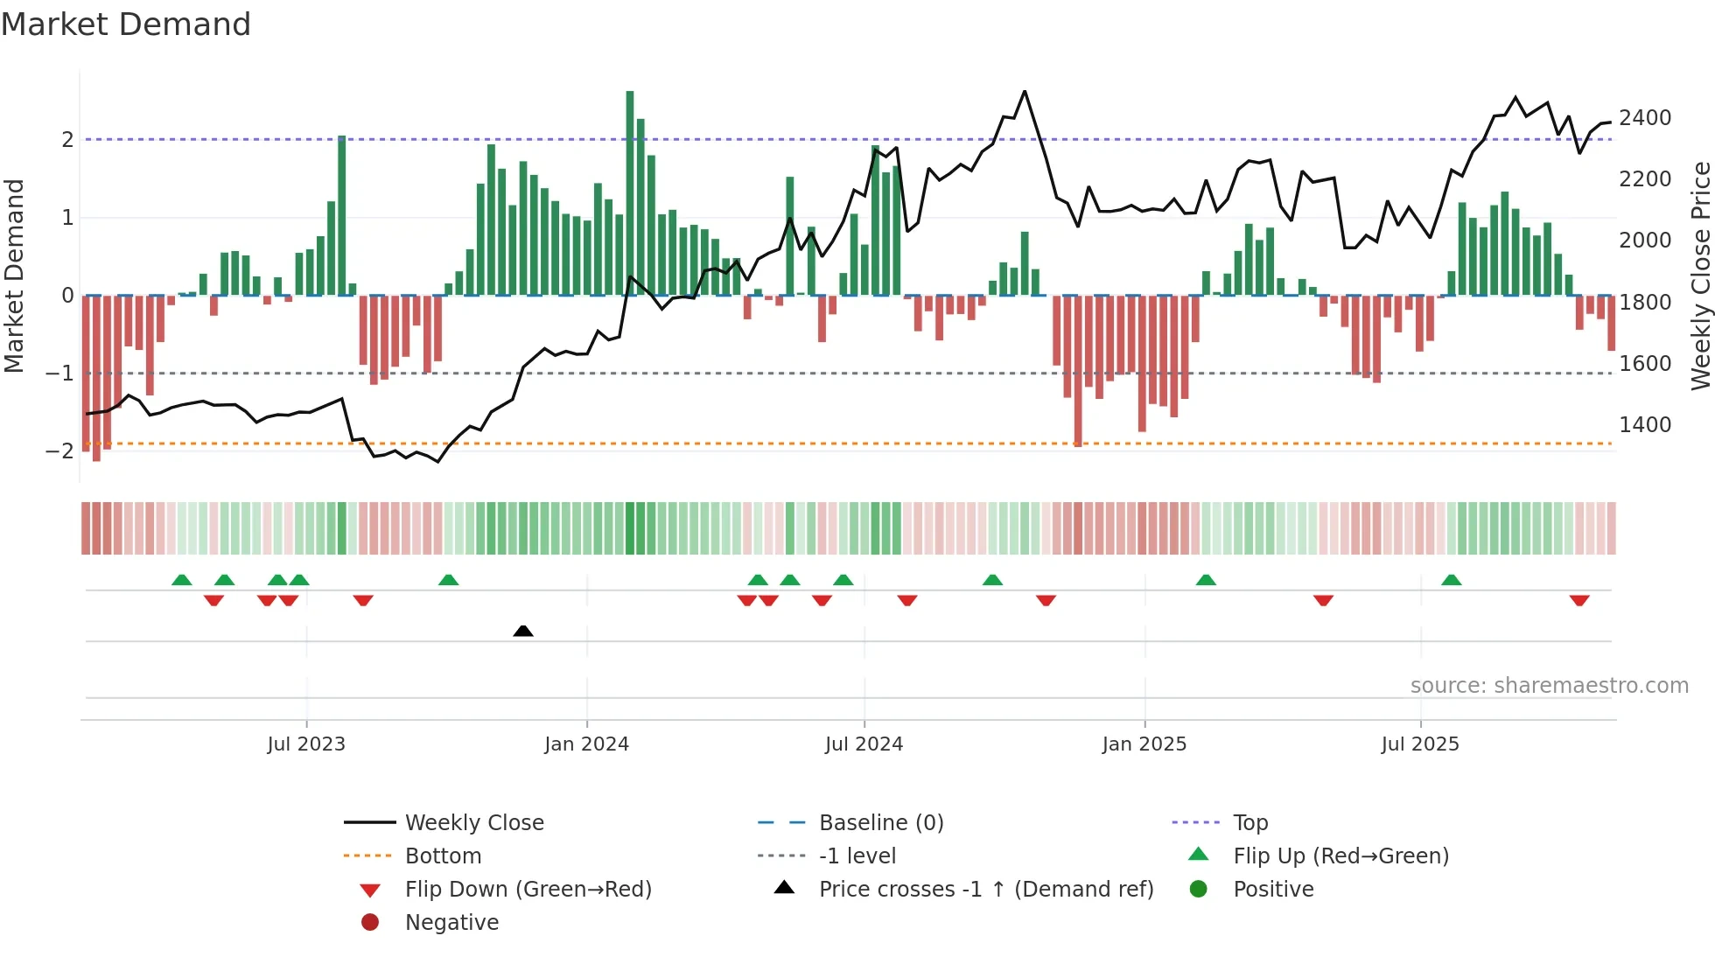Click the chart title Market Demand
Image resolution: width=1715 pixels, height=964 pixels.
(126, 24)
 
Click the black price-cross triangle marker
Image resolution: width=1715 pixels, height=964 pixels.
(523, 631)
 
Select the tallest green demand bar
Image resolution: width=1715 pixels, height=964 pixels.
(630, 192)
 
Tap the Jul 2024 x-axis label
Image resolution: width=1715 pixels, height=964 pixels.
(864, 744)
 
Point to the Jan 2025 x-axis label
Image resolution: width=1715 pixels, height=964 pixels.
(1144, 744)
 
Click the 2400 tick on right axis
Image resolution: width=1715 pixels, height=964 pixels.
(1645, 118)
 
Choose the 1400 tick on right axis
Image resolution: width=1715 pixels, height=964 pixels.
(1645, 425)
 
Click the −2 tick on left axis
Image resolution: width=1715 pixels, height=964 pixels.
(60, 451)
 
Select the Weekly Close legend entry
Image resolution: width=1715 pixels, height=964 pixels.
(473, 823)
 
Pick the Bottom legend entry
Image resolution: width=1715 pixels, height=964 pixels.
(443, 856)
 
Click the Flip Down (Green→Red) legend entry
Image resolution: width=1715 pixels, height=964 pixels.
(528, 890)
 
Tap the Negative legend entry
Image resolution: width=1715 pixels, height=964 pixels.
(451, 923)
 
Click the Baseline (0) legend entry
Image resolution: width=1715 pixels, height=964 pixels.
(880, 823)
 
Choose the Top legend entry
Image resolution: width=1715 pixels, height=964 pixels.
(1249, 823)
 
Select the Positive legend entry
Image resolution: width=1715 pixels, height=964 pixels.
(1273, 890)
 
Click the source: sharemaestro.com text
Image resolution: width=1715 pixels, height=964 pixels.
(1549, 686)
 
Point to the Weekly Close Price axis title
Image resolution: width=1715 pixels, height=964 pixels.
(1700, 276)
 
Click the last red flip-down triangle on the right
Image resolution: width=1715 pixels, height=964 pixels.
(1579, 601)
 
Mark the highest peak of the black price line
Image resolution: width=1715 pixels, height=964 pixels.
(1025, 92)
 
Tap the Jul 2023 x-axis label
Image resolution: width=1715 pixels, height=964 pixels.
(306, 744)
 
